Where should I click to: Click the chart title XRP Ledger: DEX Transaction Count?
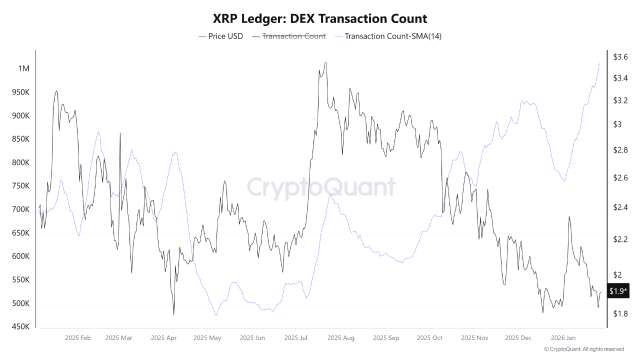(x=320, y=19)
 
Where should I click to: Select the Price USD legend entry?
(x=220, y=36)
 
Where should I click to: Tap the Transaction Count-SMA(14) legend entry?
(x=388, y=36)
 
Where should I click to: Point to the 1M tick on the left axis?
(x=23, y=68)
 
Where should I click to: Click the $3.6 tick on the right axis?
(x=620, y=57)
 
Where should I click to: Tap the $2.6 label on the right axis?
(x=620, y=178)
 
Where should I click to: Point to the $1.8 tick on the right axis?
(x=620, y=313)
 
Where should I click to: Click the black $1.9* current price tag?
(x=618, y=291)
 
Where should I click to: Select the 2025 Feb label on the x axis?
(x=77, y=338)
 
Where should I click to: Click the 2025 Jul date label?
(x=296, y=338)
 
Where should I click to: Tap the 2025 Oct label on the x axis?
(x=429, y=338)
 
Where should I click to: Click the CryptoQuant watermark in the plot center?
(x=320, y=187)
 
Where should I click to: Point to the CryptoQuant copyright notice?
(x=583, y=349)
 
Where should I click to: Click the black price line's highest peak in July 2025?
(x=325, y=63)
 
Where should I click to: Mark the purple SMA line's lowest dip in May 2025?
(x=215, y=315)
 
